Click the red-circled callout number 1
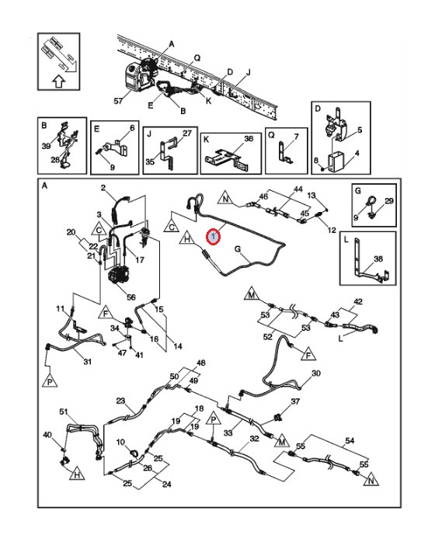pos(214,237)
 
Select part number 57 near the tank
pos(118,101)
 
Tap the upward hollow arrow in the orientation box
pos(59,82)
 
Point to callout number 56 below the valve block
pos(131,297)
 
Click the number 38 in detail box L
pos(378,259)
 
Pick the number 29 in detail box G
pos(389,201)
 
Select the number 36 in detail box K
pos(249,139)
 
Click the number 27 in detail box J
pos(186,133)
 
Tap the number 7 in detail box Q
pos(296,137)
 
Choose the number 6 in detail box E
pos(132,128)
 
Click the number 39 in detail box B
pos(46,146)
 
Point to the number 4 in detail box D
pos(357,152)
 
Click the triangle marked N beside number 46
pos(226,199)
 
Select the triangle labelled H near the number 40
pos(77,474)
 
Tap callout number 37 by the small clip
pos(295,401)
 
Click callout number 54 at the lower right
pos(350,440)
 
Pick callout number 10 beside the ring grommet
pos(120,442)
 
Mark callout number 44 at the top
pos(298,189)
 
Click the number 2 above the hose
pos(103,188)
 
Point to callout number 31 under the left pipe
pos(88,362)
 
